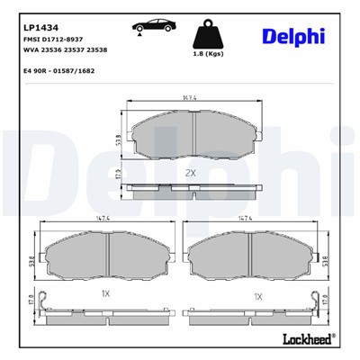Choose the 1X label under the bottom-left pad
pyautogui.click(x=104, y=295)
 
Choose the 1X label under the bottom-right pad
pyautogui.click(x=257, y=295)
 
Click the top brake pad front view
pyautogui.click(x=189, y=141)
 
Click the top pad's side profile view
pyautogui.click(x=189, y=190)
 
